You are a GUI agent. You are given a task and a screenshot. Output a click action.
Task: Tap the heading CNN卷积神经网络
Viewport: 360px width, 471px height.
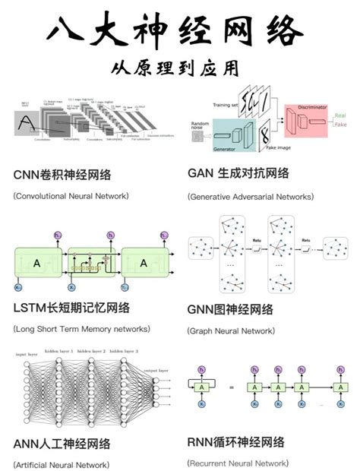point(62,175)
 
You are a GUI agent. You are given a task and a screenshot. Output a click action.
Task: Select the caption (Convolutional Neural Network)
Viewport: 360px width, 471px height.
point(71,196)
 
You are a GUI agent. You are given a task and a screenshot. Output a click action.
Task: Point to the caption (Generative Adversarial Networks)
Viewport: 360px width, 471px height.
point(250,196)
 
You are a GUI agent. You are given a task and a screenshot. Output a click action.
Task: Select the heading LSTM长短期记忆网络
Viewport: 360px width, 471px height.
point(71,308)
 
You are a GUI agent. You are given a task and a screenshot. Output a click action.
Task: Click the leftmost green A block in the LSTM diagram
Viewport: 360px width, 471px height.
point(36,262)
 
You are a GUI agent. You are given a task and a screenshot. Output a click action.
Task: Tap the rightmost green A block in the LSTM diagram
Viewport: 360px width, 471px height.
point(144,262)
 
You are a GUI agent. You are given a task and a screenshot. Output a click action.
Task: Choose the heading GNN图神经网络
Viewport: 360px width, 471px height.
point(230,309)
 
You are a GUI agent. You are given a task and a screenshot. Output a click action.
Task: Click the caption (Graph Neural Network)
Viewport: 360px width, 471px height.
point(231,330)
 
